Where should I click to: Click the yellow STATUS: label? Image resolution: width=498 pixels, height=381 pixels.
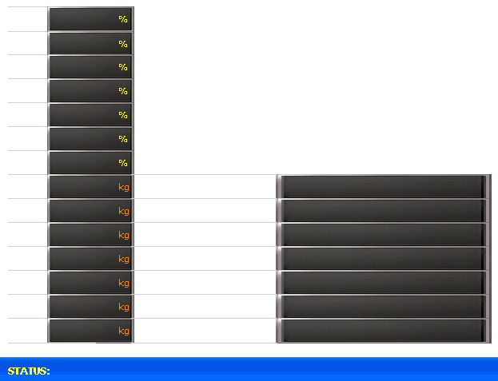[x=29, y=371]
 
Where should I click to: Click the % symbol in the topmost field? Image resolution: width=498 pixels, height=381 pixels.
[x=123, y=19]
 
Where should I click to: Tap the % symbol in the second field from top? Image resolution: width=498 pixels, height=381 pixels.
[x=123, y=44]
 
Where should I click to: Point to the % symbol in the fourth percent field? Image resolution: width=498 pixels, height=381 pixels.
[x=123, y=91]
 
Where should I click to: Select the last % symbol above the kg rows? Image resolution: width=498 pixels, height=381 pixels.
[x=123, y=163]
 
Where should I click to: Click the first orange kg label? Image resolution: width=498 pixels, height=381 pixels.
[x=124, y=187]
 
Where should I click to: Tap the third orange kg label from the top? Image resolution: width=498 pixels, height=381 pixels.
[x=124, y=235]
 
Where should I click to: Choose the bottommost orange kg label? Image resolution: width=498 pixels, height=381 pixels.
[x=124, y=331]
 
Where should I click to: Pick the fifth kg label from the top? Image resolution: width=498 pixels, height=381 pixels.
[x=124, y=283]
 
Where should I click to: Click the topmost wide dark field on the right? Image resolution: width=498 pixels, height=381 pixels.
[x=384, y=187]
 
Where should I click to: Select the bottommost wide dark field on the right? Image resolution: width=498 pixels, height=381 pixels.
[x=384, y=331]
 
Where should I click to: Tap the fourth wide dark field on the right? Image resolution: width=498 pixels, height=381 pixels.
[x=384, y=259]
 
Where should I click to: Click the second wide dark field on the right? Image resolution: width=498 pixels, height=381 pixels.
[x=384, y=211]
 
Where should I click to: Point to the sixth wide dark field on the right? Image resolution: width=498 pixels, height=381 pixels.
[x=384, y=307]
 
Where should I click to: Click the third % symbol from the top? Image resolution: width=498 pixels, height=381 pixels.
[x=123, y=67]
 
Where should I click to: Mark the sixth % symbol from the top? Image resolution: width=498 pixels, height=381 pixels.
[x=123, y=139]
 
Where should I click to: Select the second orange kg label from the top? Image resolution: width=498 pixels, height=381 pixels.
[x=124, y=211]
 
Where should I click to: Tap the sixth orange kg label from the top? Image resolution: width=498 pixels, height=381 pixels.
[x=124, y=307]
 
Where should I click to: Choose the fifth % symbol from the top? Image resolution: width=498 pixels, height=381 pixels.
[x=123, y=115]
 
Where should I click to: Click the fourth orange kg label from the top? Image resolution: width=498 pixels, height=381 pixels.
[x=124, y=259]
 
